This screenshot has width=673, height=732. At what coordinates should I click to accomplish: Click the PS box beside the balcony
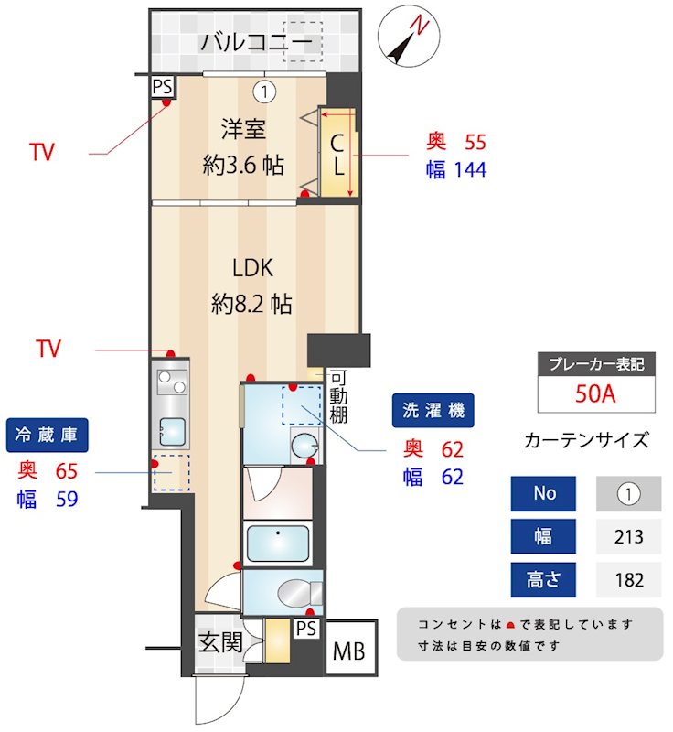point(163,87)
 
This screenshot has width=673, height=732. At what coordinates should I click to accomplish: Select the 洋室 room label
point(242,129)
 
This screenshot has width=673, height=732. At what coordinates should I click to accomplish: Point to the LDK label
point(253,268)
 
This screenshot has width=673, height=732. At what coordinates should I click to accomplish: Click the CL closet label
point(336,156)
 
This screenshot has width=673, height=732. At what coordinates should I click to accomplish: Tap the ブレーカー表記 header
point(595,363)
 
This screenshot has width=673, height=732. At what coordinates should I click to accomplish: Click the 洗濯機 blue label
point(433,411)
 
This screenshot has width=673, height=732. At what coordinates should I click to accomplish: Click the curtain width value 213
point(629,537)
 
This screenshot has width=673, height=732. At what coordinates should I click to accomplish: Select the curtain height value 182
point(629,579)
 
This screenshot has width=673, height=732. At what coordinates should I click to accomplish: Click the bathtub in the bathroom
point(278,544)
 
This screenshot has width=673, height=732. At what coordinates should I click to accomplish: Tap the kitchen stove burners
point(170,378)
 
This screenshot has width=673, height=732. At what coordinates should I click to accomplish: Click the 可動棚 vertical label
point(337,395)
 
